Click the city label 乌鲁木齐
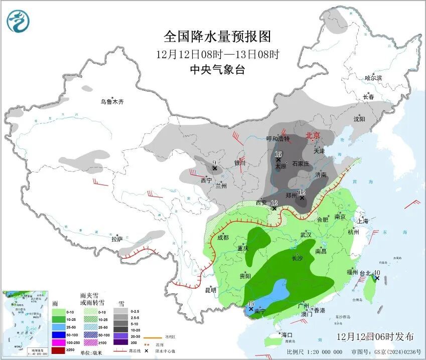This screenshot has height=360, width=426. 111,102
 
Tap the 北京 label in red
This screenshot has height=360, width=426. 313,135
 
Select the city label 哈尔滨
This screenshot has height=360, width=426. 373,78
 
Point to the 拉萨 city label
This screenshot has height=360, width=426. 117,239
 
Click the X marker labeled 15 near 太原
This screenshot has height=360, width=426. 278,159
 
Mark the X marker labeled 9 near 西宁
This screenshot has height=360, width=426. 214,168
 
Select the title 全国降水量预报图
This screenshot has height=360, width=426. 217,37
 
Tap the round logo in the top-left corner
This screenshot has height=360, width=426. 19,22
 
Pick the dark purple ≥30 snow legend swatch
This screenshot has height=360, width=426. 120,342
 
